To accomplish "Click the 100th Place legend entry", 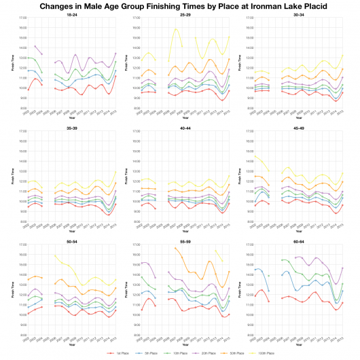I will coord(266,354).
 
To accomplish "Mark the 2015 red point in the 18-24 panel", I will coord(115,76).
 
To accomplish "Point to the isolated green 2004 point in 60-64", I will coord(269,276).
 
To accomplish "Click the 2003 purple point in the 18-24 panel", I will coord(35,46).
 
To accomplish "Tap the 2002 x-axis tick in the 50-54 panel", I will coord(28,339).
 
